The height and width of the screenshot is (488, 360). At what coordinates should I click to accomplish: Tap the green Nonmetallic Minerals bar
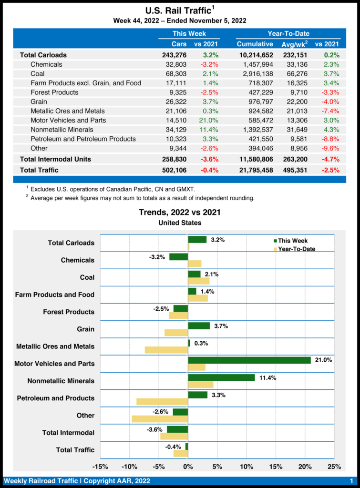pyautogui.click(x=222, y=377)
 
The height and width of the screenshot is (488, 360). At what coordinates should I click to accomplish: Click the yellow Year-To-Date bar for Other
pyautogui.click(x=160, y=419)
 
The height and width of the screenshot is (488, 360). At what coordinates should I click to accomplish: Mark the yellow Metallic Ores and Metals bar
pyautogui.click(x=166, y=350)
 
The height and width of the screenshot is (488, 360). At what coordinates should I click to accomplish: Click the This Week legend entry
pyautogui.click(x=291, y=241)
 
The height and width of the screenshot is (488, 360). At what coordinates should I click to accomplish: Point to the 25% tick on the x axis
pyautogui.click(x=334, y=466)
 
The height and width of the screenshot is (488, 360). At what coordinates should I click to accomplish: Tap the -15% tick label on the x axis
pyautogui.click(x=100, y=466)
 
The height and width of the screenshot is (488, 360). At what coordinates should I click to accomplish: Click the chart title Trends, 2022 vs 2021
pyautogui.click(x=179, y=212)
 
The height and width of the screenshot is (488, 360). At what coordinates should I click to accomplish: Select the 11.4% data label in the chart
pyautogui.click(x=267, y=377)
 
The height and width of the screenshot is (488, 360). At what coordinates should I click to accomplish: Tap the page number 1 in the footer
pyautogui.click(x=351, y=481)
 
